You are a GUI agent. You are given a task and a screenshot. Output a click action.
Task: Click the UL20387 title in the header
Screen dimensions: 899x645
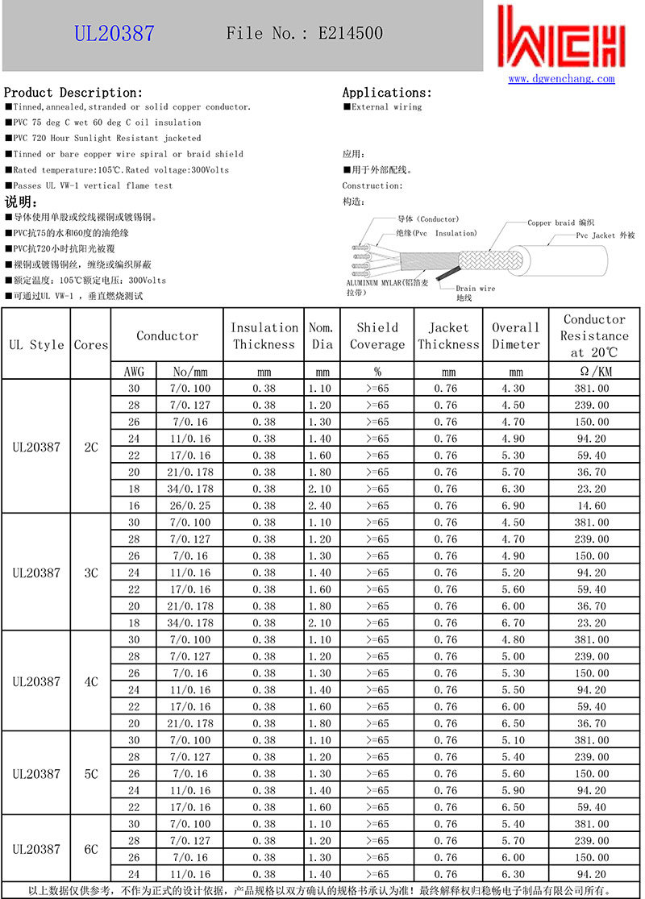pyautogui.click(x=114, y=34)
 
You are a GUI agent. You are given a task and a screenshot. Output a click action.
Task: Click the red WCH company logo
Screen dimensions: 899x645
pyautogui.click(x=562, y=38)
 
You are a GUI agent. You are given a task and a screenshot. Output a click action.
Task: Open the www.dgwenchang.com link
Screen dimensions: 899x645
pyautogui.click(x=561, y=78)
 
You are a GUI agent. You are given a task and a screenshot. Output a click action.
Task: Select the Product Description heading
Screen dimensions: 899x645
pyautogui.click(x=73, y=93)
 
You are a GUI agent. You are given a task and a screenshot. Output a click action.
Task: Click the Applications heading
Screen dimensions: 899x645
pyautogui.click(x=387, y=93)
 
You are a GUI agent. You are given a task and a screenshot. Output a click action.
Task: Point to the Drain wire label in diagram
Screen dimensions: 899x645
pyautogui.click(x=476, y=288)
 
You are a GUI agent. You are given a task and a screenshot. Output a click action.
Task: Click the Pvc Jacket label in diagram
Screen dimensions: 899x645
pyautogui.click(x=605, y=235)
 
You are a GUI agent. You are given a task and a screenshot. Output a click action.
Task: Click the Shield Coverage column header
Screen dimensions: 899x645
pyautogui.click(x=377, y=336)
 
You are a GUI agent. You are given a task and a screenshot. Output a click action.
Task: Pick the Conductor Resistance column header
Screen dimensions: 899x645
pyautogui.click(x=594, y=336)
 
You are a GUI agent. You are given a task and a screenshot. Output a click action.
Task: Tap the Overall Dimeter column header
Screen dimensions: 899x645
pyautogui.click(x=516, y=336)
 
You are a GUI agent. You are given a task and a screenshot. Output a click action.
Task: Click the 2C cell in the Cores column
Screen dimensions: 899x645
pyautogui.click(x=91, y=447)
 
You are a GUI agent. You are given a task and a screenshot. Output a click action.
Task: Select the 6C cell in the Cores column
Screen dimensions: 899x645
pyautogui.click(x=91, y=849)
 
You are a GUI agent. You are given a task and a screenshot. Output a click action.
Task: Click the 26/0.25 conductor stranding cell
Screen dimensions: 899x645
pyautogui.click(x=190, y=506)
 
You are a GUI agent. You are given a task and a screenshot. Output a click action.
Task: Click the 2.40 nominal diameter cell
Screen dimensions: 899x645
pyautogui.click(x=321, y=506)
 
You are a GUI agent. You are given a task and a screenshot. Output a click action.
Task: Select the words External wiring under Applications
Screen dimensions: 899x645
pyautogui.click(x=386, y=107)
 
